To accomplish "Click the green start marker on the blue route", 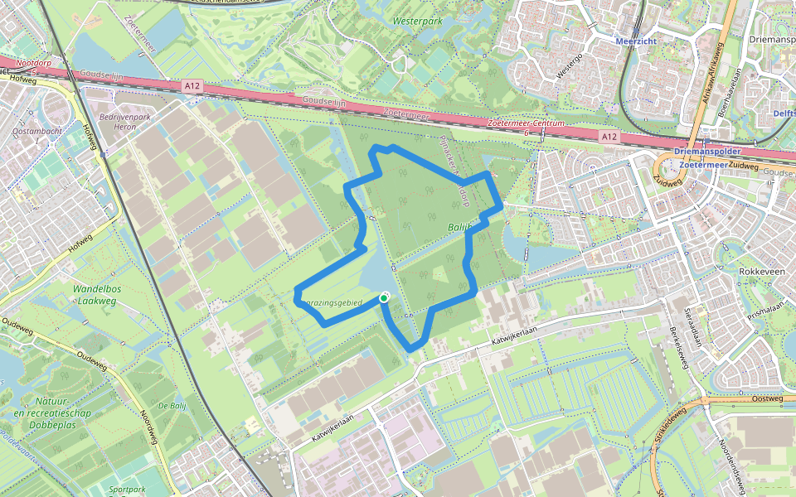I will point(384,297).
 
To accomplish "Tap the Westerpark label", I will point(416,19).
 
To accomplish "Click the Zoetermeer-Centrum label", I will point(527,123).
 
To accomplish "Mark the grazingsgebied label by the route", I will point(332,304).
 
